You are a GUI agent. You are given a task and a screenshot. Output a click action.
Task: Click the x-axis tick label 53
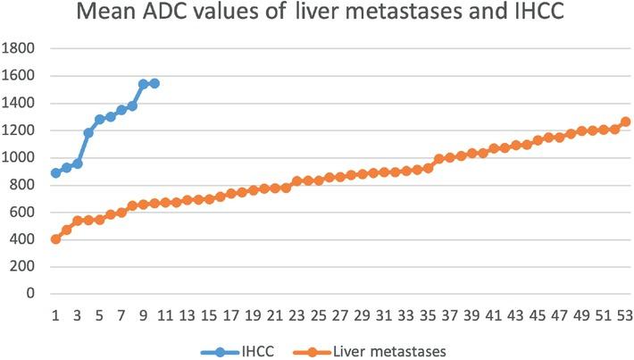point(625,317)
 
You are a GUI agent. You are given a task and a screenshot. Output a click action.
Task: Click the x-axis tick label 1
point(55,317)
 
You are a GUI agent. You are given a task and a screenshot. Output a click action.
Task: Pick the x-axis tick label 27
point(340,317)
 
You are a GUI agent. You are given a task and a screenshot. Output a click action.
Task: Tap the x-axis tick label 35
point(428,317)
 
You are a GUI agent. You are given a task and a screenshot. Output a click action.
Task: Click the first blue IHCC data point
point(55,172)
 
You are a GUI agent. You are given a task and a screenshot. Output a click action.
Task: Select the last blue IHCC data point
point(154,83)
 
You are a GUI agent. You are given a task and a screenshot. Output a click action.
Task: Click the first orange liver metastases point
point(55,239)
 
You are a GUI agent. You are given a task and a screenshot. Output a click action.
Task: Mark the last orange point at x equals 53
point(625,121)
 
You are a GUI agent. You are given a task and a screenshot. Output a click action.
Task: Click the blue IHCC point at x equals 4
point(88,133)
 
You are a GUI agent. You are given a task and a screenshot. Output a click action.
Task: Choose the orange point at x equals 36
point(438,159)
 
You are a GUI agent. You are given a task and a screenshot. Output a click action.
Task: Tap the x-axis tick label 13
point(187,317)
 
